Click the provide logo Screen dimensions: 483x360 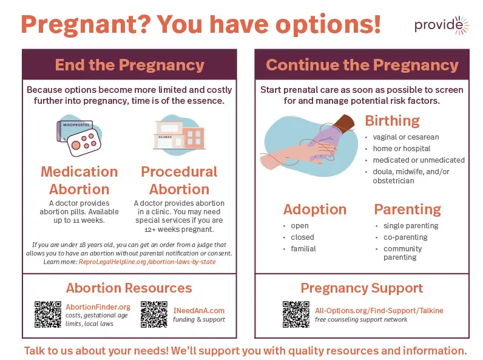(x=441, y=25)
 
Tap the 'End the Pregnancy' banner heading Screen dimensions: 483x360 (x=130, y=65)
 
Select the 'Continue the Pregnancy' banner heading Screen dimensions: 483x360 (x=362, y=65)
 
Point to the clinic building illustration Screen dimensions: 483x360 (x=179, y=135)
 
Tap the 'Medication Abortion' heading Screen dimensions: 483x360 (x=79, y=181)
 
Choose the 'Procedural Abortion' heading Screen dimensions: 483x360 (x=179, y=181)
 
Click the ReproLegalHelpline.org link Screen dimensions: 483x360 (x=147, y=262)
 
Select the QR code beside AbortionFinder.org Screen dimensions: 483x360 (x=48, y=314)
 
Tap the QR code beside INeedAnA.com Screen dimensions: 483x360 (x=154, y=314)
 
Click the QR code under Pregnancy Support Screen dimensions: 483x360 (x=296, y=314)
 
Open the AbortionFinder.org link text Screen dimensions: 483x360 (x=98, y=307)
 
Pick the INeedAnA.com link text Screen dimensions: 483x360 (x=199, y=311)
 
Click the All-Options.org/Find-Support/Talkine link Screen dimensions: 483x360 (x=379, y=311)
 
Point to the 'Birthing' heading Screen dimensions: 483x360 (x=393, y=121)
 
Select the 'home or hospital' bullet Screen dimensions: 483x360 (x=402, y=149)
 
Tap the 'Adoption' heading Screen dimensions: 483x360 (x=315, y=209)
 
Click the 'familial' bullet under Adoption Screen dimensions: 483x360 (x=303, y=249)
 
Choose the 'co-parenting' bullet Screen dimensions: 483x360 (x=405, y=237)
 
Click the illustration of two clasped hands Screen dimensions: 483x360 (x=308, y=146)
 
